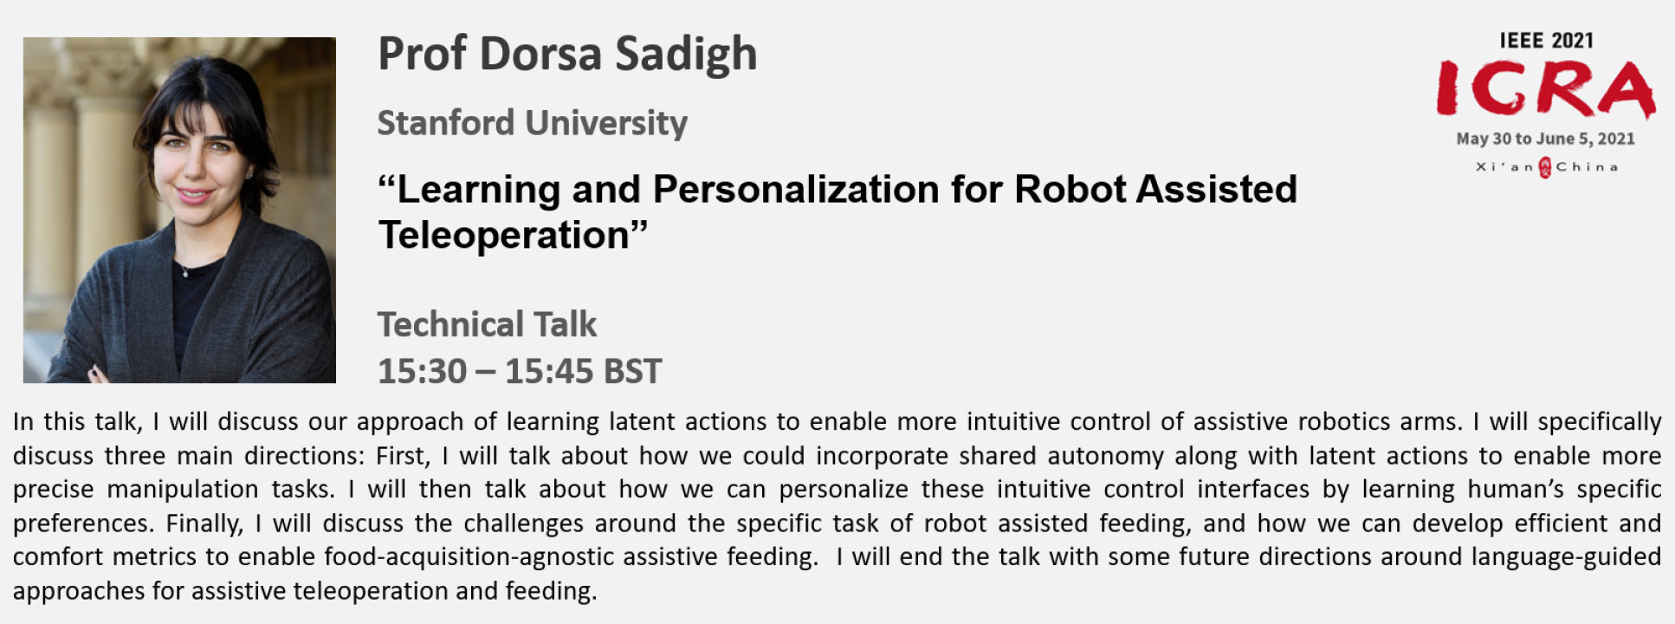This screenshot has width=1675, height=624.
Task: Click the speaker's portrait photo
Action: (x=179, y=210)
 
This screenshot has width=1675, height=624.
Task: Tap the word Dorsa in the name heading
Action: (x=540, y=54)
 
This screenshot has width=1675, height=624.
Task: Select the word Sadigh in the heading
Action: (x=686, y=55)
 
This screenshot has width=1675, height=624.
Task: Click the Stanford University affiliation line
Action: (x=533, y=124)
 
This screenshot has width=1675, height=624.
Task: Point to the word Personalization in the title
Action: (x=796, y=191)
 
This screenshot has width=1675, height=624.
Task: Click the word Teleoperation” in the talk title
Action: (x=513, y=236)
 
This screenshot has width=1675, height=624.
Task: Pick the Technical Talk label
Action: (x=487, y=325)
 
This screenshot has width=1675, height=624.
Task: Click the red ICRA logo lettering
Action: (x=1546, y=88)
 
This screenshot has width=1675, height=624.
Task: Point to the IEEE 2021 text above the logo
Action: (x=1547, y=41)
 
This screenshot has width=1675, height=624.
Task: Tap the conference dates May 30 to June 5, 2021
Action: (x=1546, y=139)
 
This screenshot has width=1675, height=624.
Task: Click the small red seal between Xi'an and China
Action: (x=1545, y=168)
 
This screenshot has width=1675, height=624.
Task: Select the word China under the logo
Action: (x=1587, y=167)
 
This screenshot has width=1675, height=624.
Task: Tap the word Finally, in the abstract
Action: (x=204, y=523)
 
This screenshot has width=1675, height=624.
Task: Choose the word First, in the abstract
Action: (x=403, y=456)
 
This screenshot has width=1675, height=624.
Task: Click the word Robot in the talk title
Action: (x=1069, y=190)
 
